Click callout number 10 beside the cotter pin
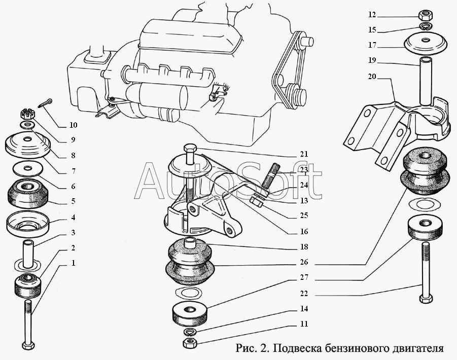73,125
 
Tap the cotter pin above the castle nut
45,103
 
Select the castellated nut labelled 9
28,114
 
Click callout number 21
304,154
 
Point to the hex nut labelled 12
425,15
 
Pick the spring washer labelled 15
426,26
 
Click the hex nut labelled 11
190,343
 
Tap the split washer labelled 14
190,332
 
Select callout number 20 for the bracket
372,77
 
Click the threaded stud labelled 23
270,176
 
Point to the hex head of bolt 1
28,345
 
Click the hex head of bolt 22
426,299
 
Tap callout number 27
304,277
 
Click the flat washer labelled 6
28,169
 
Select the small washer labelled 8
28,126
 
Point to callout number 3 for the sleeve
73,232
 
